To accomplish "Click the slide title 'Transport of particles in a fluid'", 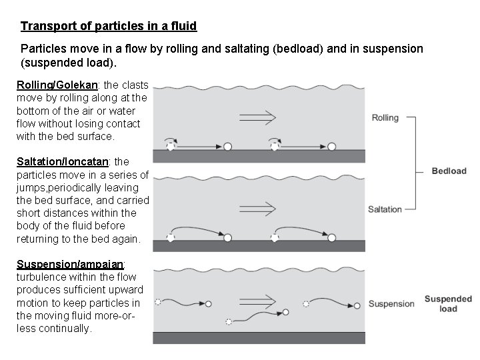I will click(x=109, y=27).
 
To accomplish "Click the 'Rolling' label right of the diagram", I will click(x=385, y=118).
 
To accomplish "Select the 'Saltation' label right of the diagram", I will click(x=385, y=209).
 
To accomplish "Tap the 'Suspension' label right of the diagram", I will click(x=391, y=304).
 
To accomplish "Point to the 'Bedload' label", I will click(x=449, y=171).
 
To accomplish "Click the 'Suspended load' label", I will click(x=448, y=304).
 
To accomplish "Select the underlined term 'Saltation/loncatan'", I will click(x=63, y=162).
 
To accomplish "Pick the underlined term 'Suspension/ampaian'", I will click(x=66, y=264).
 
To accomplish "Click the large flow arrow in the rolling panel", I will click(x=257, y=118).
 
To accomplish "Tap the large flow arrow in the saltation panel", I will click(x=257, y=209).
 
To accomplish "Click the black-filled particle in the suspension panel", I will click(x=285, y=311).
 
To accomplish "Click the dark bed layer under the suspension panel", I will click(x=259, y=338).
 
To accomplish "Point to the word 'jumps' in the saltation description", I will click(x=31, y=187).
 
